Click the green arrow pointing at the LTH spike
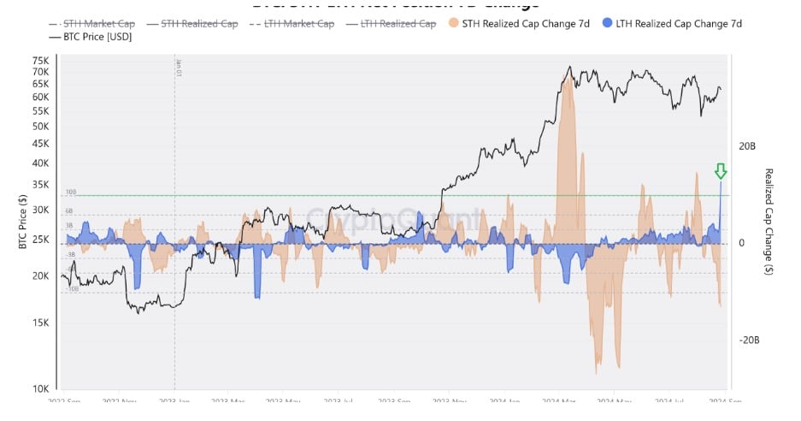[x=721, y=172]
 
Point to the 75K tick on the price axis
[x=40, y=61]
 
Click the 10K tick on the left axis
[x=40, y=388]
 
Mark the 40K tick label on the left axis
[x=40, y=163]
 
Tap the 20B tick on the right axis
[x=746, y=146]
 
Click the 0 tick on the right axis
[x=741, y=243]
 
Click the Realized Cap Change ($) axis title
[x=769, y=221]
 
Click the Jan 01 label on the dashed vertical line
[x=179, y=68]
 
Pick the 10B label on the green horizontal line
[x=71, y=192]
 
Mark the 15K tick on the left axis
[x=40, y=323]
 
